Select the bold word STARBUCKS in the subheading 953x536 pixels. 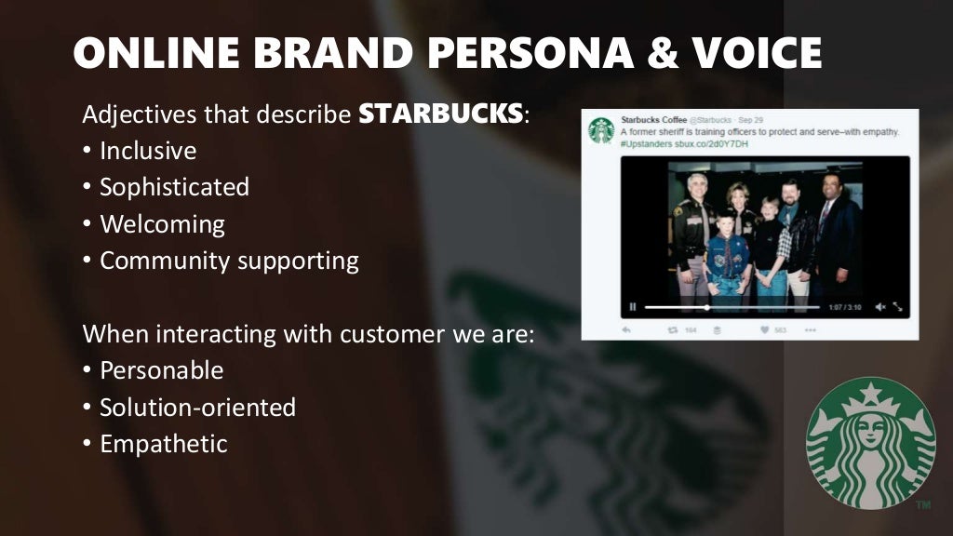coord(441,115)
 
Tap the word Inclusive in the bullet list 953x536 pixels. coord(148,151)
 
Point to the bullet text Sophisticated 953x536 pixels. coord(174,187)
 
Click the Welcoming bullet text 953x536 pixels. coord(162,224)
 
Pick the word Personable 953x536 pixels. coord(161,370)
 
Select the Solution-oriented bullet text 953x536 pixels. coord(197,407)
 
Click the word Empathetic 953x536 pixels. coord(163,444)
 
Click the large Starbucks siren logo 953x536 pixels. coord(870,442)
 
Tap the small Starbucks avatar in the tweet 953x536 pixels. coord(601,129)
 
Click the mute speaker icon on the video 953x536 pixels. coord(879,306)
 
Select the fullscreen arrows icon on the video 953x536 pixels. coord(898,306)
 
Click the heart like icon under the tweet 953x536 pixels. coord(764,329)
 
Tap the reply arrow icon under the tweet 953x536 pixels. coord(626,329)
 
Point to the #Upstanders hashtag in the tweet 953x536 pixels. coord(650,144)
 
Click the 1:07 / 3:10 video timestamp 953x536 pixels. coord(845,306)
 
